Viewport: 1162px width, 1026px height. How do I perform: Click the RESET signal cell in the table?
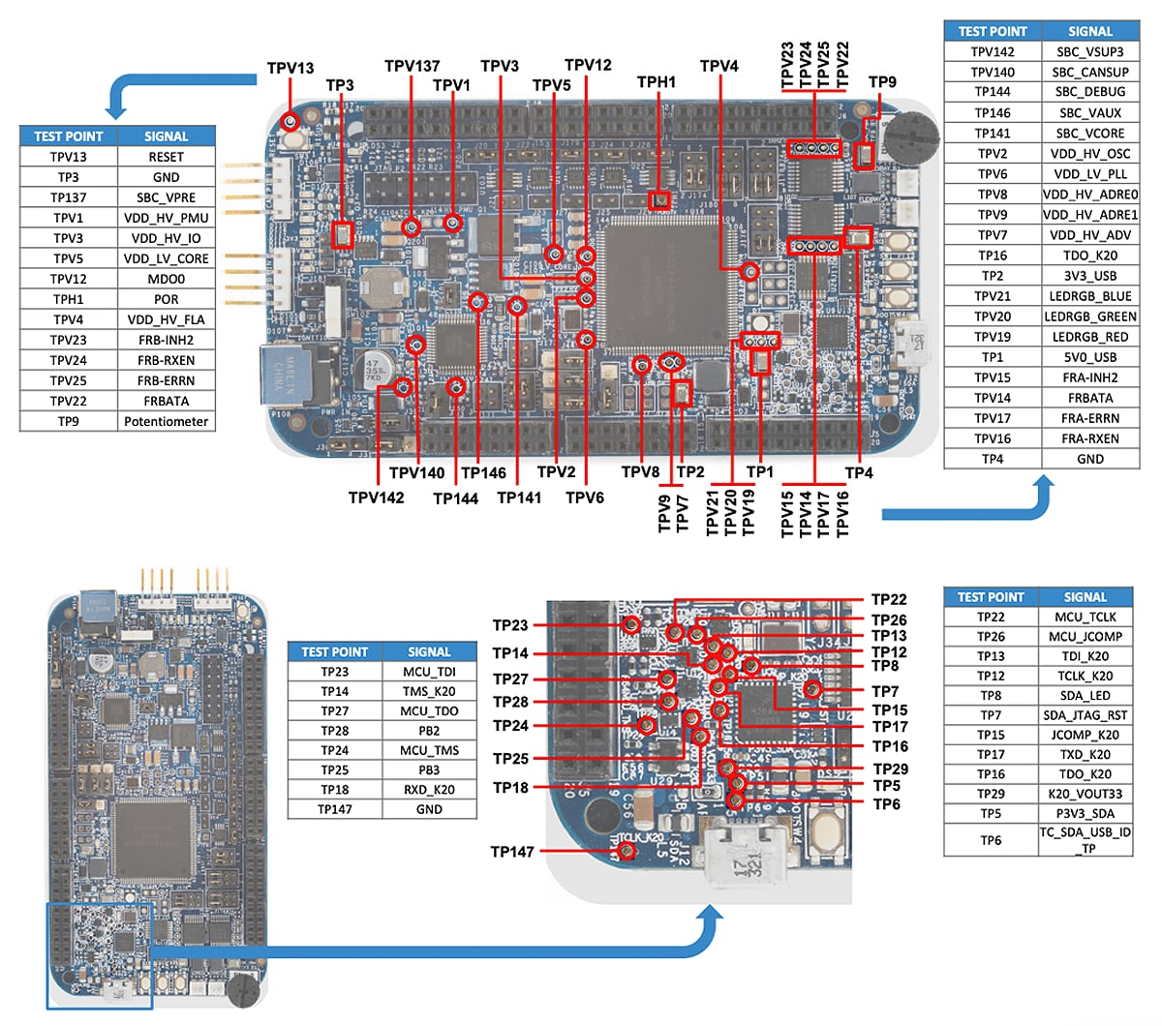coord(166,157)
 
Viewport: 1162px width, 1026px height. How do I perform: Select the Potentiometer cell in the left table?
coord(166,421)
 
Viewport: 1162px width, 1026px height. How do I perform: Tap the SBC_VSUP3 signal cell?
coord(1089,52)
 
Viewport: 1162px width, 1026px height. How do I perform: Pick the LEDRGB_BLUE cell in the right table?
coord(1089,296)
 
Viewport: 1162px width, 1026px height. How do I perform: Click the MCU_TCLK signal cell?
coord(1085,617)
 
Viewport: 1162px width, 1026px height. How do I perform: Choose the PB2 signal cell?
coord(429,731)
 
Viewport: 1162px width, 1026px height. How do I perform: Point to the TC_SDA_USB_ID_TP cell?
coord(1085,840)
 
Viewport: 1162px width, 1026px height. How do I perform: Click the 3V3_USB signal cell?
coord(1089,276)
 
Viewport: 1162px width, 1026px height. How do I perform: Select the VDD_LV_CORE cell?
coord(166,258)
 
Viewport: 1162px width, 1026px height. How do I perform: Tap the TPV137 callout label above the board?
coord(413,66)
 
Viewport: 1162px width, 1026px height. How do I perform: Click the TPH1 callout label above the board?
coord(657,82)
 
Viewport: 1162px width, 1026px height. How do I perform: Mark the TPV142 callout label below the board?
coord(377,498)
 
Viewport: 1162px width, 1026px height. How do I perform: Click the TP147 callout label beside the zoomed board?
coord(512,852)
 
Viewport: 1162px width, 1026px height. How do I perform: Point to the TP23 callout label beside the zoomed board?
coord(510,625)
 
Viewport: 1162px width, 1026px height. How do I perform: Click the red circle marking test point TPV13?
coord(290,121)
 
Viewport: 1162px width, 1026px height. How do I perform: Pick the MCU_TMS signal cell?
coord(429,750)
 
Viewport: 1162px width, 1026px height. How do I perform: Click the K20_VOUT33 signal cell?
coord(1085,794)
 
